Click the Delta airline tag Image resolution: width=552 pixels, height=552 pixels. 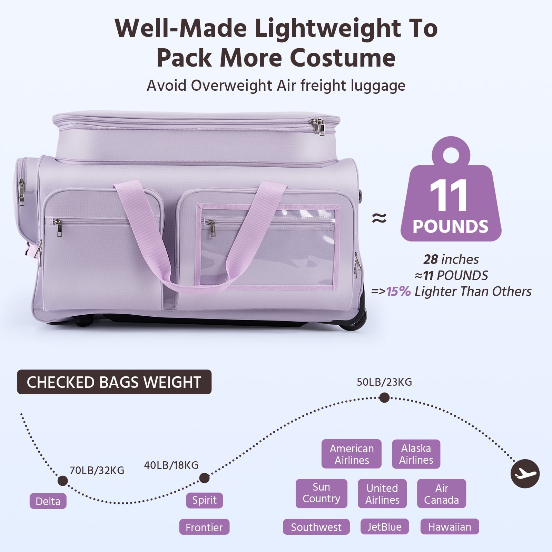pos(48,501)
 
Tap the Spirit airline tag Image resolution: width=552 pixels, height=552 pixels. pos(205,500)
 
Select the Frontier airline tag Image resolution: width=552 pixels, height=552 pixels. pos(204,527)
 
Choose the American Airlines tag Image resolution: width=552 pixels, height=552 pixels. pos(352,454)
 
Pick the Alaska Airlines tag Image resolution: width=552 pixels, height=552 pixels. pos(416,454)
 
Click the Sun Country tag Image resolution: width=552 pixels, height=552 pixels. pos(321,493)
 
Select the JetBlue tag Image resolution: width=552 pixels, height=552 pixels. pos(385,527)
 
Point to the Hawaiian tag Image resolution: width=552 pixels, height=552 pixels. pos(450,527)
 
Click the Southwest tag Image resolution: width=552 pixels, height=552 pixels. pos(316,527)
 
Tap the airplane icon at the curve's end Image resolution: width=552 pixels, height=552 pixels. pos(525,474)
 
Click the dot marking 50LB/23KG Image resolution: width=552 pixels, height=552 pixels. pos(384,398)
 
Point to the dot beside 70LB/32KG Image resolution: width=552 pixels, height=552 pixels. pos(63,481)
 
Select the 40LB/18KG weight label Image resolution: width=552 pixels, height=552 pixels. pos(171,465)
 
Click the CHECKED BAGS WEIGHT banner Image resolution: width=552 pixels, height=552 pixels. pos(114,382)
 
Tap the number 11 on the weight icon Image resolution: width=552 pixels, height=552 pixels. pos(448,195)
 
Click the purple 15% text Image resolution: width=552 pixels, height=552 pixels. pos(398,292)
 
